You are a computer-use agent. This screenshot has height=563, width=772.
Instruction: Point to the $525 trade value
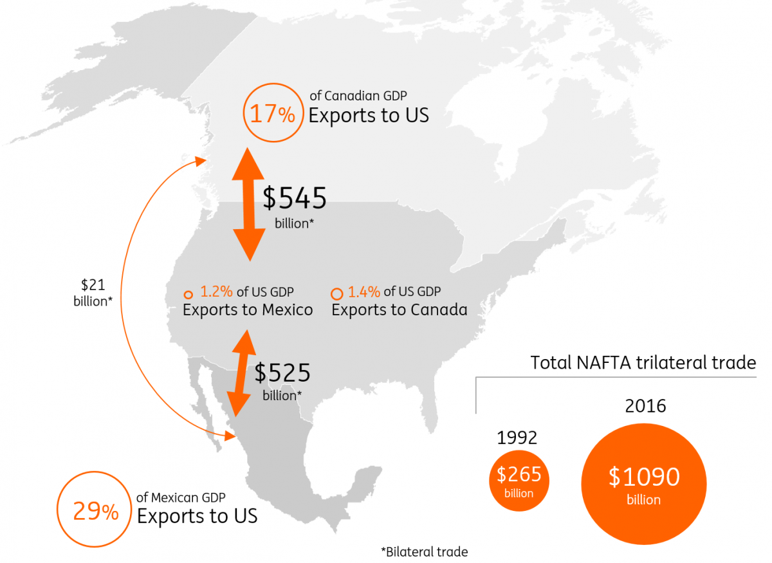pyautogui.click(x=282, y=373)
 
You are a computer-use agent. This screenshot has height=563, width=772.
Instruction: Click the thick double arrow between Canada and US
pyautogui.click(x=248, y=203)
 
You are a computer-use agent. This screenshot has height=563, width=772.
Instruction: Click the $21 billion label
pyautogui.click(x=93, y=292)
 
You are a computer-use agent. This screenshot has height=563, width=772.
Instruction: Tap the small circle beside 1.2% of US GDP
pyautogui.click(x=188, y=293)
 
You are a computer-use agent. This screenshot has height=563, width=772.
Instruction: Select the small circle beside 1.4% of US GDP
pyautogui.click(x=336, y=293)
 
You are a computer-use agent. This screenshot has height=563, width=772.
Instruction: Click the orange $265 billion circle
pyautogui.click(x=519, y=480)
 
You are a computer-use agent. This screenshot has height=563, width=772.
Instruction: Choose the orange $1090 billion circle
pyautogui.click(x=643, y=484)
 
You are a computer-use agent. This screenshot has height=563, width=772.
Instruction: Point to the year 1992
pyautogui.click(x=517, y=438)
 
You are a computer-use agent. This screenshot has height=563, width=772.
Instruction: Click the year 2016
pyautogui.click(x=645, y=407)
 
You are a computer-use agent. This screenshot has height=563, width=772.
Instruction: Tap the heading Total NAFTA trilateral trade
pyautogui.click(x=643, y=363)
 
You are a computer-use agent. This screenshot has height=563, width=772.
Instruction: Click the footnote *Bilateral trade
pyautogui.click(x=425, y=551)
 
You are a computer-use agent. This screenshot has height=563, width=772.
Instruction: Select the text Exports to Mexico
pyautogui.click(x=248, y=309)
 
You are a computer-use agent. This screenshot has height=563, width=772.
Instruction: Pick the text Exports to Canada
pyautogui.click(x=399, y=309)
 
